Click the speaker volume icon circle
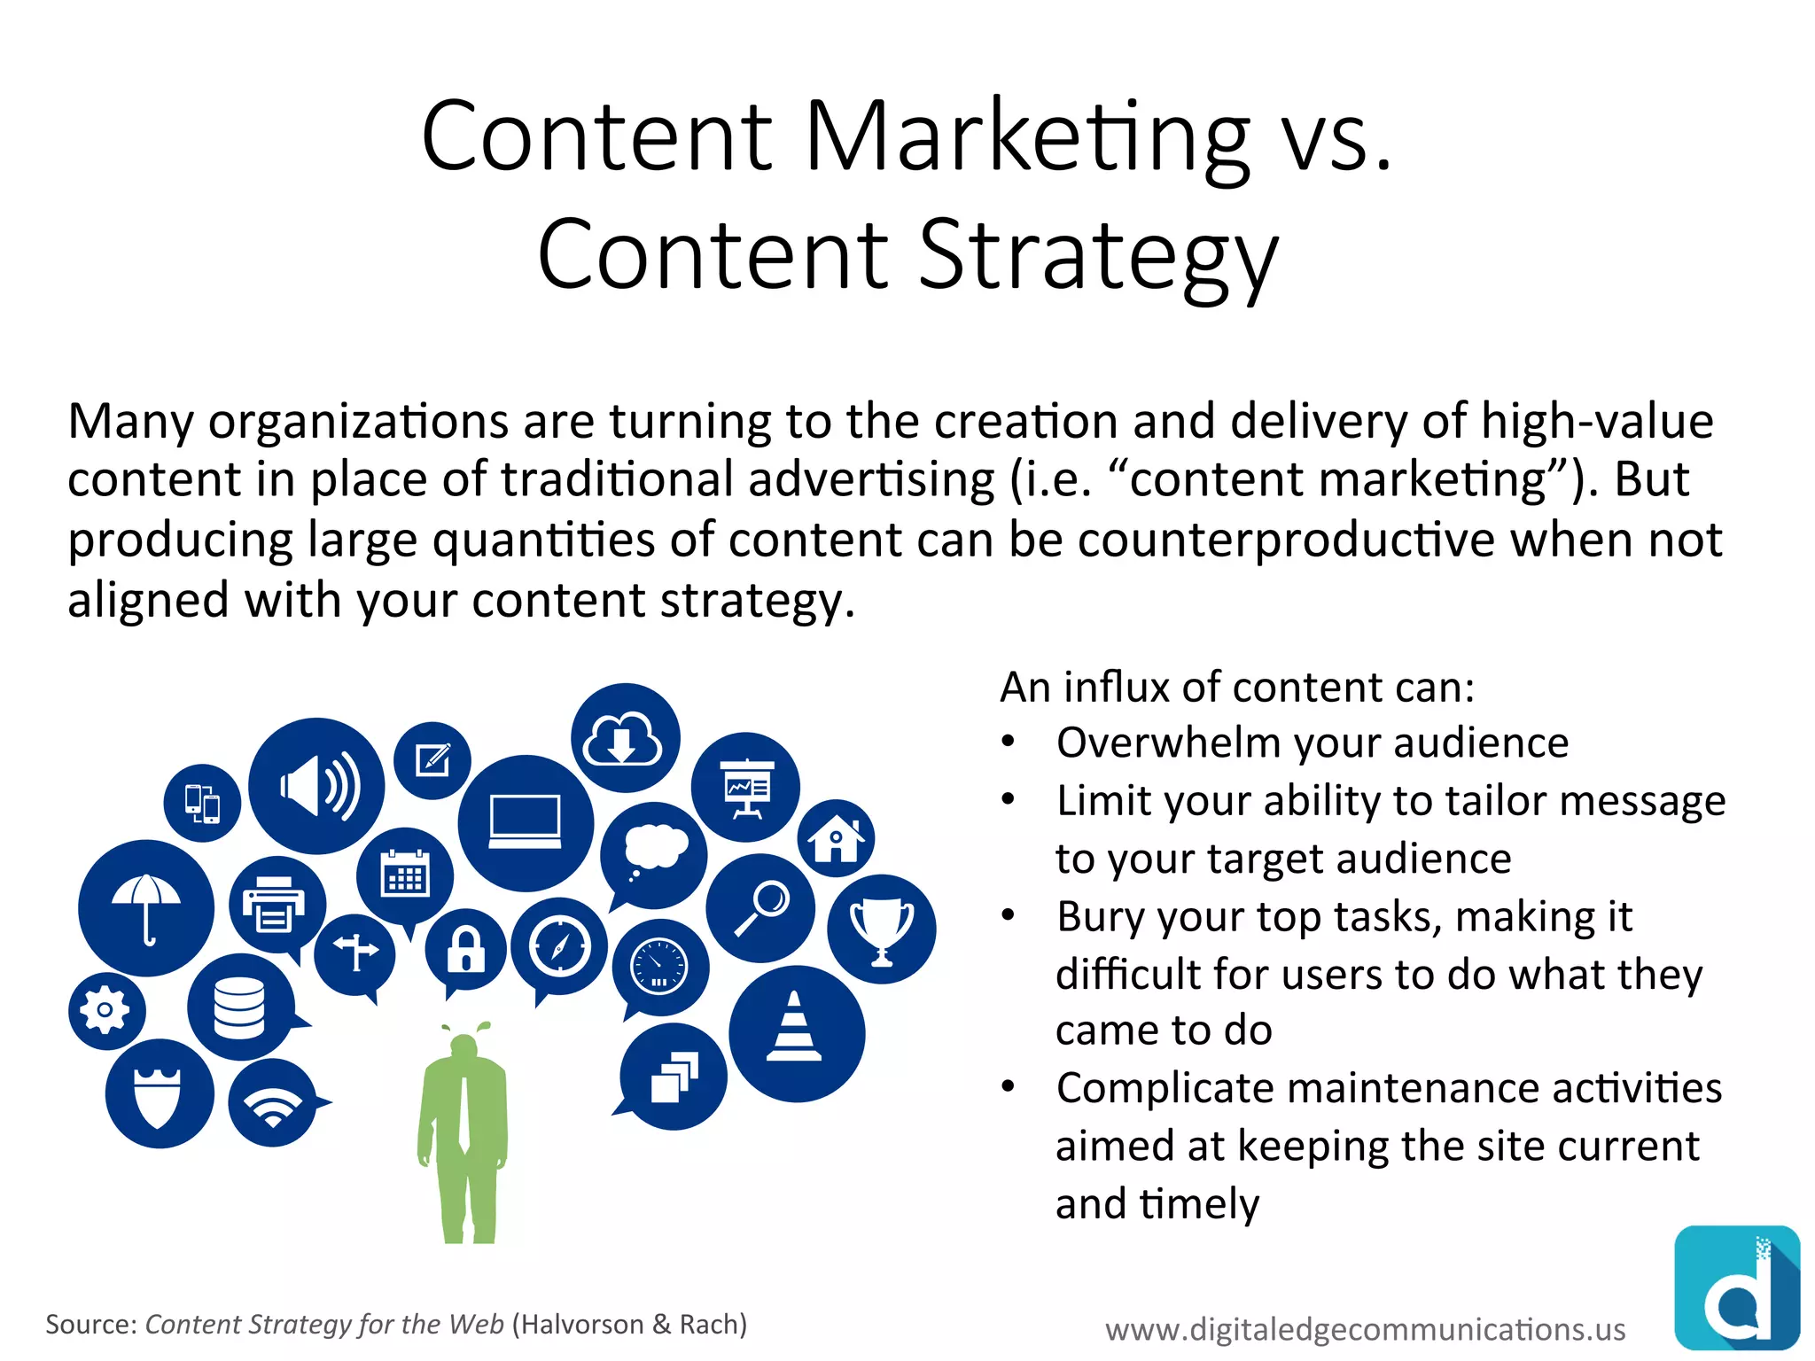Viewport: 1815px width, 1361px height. [316, 786]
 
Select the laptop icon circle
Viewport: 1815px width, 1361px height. [526, 822]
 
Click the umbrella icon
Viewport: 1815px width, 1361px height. [146, 907]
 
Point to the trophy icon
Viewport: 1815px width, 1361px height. [882, 929]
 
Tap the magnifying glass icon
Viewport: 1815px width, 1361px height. [761, 908]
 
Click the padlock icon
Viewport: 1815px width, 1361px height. [465, 948]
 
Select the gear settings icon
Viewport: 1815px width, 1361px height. [105, 1010]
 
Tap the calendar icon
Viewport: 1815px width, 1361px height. [405, 875]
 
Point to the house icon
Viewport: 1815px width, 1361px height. [836, 837]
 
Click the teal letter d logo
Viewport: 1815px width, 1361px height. [1737, 1287]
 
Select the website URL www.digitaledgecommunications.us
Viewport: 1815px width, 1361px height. [1365, 1329]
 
